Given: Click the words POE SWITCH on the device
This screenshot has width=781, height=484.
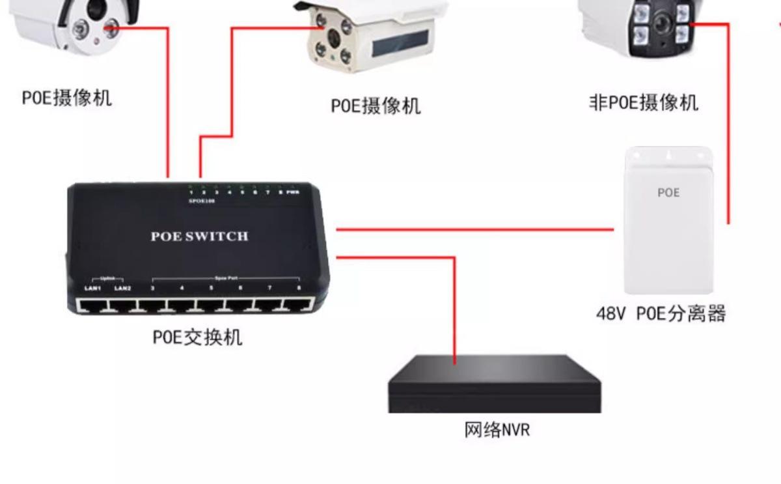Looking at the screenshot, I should (x=199, y=236).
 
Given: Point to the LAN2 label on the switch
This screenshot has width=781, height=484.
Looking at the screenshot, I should (x=122, y=288).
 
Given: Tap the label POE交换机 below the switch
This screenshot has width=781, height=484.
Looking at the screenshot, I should (x=197, y=337).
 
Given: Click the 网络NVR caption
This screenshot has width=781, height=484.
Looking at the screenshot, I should (x=497, y=430).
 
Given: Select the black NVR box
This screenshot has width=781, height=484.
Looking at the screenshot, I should (x=495, y=384).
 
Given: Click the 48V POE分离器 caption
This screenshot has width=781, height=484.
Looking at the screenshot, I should (x=661, y=314).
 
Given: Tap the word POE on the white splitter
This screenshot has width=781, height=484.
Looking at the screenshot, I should (x=668, y=193).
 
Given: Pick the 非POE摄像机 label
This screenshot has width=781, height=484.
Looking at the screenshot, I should (x=643, y=103).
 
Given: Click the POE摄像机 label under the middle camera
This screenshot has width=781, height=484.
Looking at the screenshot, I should (x=376, y=106).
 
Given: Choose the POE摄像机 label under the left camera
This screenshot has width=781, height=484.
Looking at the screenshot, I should (x=67, y=98).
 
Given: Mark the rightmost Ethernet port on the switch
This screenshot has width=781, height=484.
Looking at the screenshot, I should (x=299, y=304).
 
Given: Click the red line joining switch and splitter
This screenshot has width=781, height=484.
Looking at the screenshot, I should (x=475, y=229).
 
